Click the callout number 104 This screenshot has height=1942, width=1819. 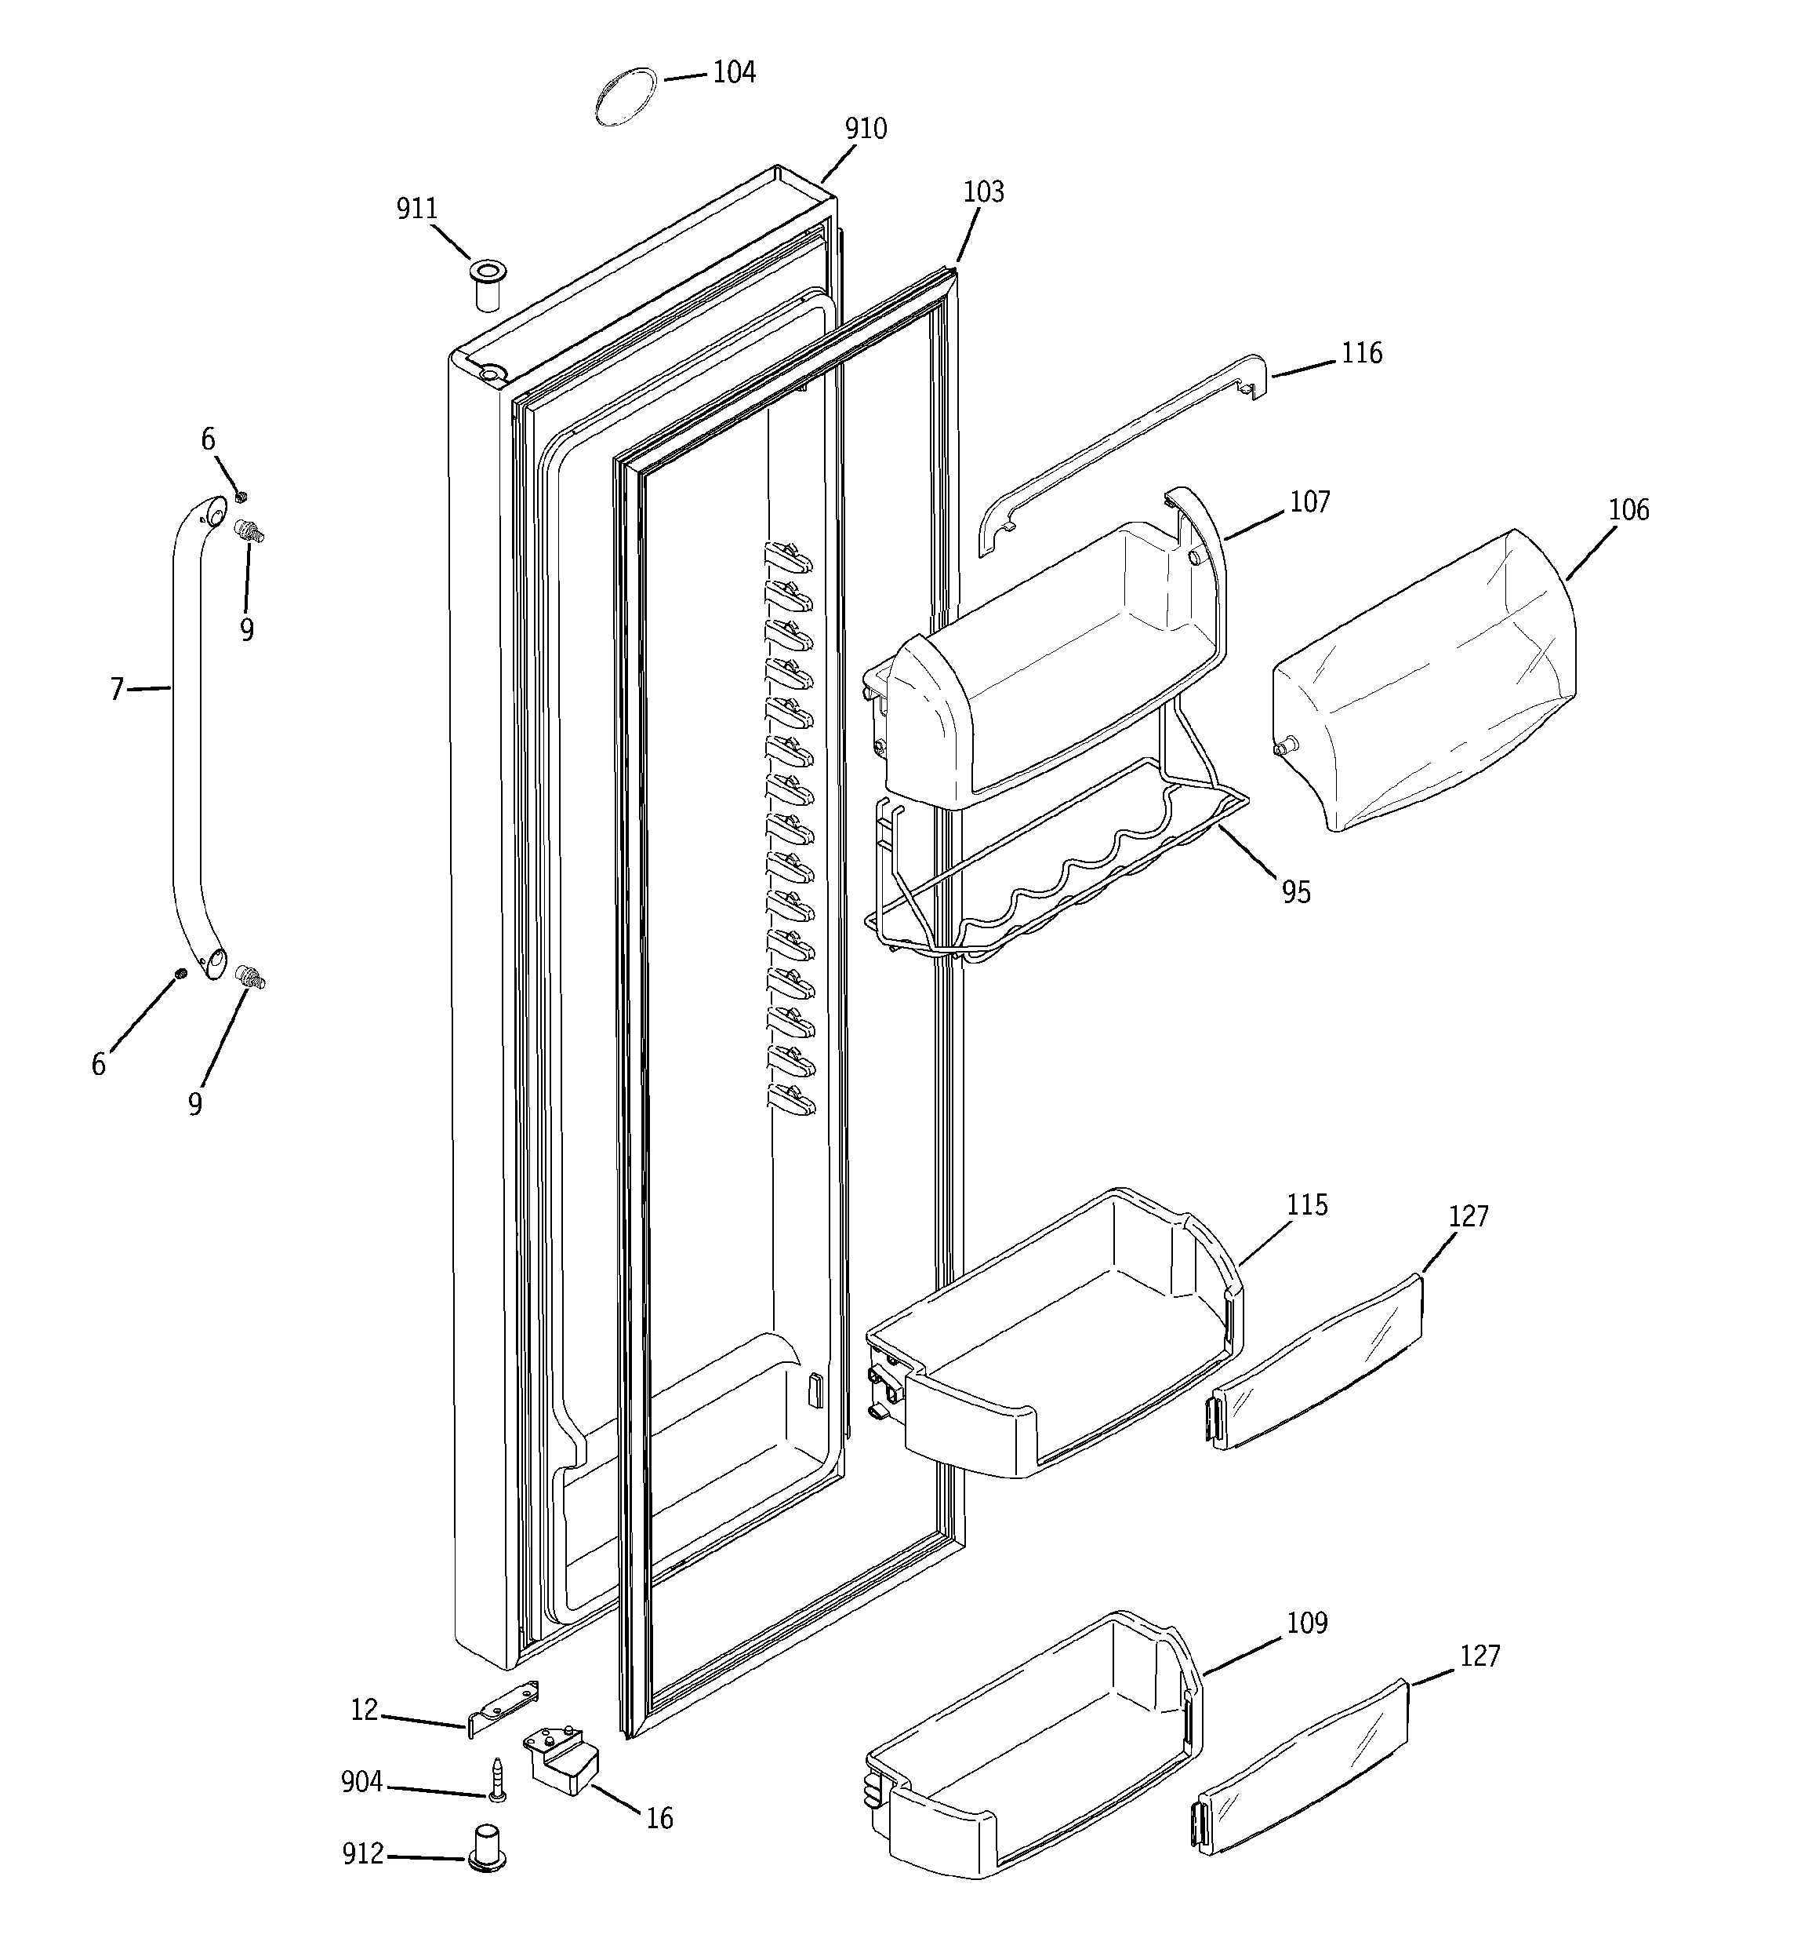click(733, 73)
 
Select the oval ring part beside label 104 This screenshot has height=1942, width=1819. click(625, 97)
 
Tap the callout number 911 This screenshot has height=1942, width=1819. click(417, 209)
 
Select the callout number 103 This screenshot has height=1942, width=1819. click(983, 192)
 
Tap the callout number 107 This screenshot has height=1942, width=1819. click(1309, 502)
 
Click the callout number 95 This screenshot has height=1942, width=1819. click(1296, 893)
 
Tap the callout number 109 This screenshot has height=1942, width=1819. click(1306, 1623)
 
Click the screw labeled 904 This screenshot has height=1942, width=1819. click(499, 1779)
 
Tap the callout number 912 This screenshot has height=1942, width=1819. click(362, 1854)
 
